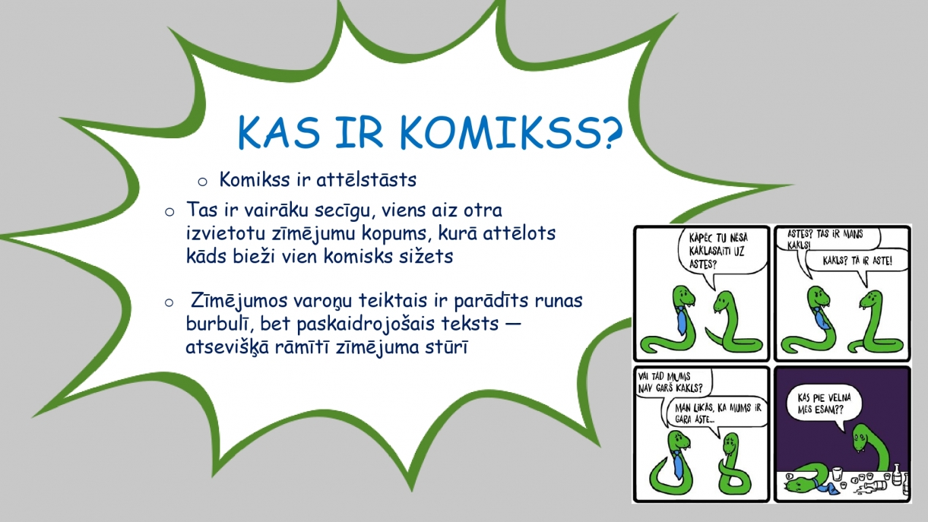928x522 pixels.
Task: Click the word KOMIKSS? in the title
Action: (512, 132)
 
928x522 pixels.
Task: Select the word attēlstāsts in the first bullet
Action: (366, 180)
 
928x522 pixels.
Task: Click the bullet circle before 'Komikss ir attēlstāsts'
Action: (203, 182)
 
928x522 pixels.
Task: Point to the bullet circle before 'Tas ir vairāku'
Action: (169, 212)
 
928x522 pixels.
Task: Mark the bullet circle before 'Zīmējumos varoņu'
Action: (169, 302)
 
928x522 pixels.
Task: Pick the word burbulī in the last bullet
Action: (220, 324)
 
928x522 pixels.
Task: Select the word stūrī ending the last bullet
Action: (447, 347)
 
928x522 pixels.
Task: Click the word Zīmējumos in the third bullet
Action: (239, 301)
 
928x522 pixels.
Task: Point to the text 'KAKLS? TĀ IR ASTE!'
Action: (857, 261)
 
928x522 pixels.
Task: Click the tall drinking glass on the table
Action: (837, 474)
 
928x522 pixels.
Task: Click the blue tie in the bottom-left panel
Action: (677, 465)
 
